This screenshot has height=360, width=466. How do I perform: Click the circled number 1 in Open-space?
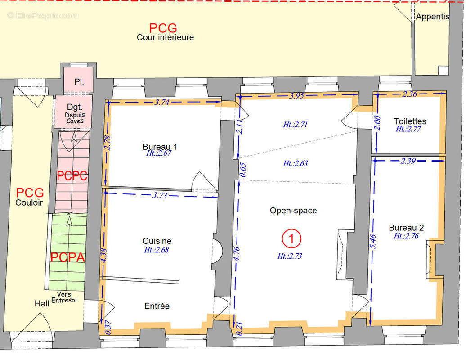pyautogui.click(x=291, y=238)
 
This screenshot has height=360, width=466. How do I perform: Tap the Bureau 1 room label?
pyautogui.click(x=160, y=147)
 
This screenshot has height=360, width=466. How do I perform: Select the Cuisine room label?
pyautogui.click(x=157, y=241)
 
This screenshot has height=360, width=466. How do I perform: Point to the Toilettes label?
pyautogui.click(x=410, y=121)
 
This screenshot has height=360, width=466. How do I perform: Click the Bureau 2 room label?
pyautogui.click(x=406, y=228)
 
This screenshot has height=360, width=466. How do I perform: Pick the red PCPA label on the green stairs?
pyautogui.click(x=68, y=257)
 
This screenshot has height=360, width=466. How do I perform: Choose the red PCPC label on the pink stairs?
pyautogui.click(x=72, y=176)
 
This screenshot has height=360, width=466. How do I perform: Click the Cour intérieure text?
pyautogui.click(x=165, y=37)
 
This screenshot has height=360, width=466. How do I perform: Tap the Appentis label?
pyautogui.click(x=432, y=17)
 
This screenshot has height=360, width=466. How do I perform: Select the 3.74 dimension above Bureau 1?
pyautogui.click(x=162, y=103)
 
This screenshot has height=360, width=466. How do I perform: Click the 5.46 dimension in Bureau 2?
pyautogui.click(x=374, y=242)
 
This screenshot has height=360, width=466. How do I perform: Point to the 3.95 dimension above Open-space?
pyautogui.click(x=296, y=96)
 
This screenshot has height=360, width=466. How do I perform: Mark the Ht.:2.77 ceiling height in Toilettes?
pyautogui.click(x=408, y=129)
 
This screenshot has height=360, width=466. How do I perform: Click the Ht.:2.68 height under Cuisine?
pyautogui.click(x=157, y=250)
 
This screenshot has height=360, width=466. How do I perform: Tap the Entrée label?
pyautogui.click(x=157, y=306)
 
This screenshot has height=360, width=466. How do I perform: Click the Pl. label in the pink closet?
pyautogui.click(x=79, y=82)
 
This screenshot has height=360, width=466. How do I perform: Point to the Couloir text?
pyautogui.click(x=29, y=203)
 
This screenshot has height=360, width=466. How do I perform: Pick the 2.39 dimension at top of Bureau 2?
pyautogui.click(x=408, y=161)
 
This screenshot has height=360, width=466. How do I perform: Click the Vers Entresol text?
pyautogui.click(x=64, y=297)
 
